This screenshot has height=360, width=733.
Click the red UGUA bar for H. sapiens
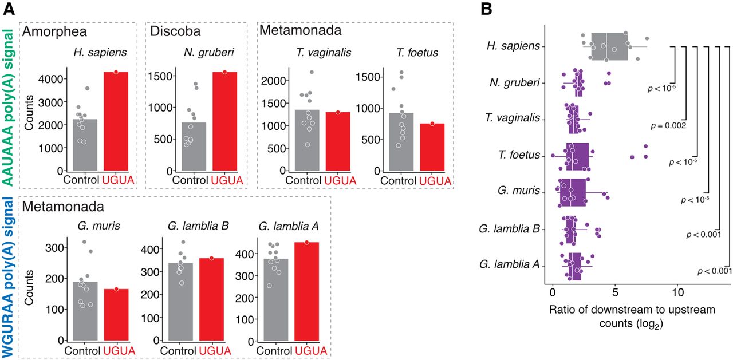tap(116, 121)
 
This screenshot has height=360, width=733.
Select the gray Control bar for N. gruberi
tap(194, 147)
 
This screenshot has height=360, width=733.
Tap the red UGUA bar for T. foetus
tap(432, 147)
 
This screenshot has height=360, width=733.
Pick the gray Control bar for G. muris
tap(85, 311)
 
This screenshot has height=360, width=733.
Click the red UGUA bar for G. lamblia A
tap(306, 292)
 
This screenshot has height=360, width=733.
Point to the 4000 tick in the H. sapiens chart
tap(51, 79)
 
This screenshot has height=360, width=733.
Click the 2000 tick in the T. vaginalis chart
tap(274, 81)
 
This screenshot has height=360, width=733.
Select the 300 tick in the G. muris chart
tap(54, 247)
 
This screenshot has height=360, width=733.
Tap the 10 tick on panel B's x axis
tap(678, 292)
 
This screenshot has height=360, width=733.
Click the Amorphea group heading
tap(54, 31)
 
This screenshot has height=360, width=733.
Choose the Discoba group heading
tap(175, 31)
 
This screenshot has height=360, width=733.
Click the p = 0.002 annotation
tap(668, 125)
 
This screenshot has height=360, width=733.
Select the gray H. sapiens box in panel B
tap(609, 46)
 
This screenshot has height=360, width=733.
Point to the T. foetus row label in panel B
tap(519, 155)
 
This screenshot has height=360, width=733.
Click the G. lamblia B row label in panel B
tap(509, 228)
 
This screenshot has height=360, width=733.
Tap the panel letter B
tap(486, 9)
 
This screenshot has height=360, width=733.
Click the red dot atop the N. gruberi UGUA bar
tap(225, 72)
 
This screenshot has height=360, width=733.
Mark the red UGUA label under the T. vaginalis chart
tap(340, 180)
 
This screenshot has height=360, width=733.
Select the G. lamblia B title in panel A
tap(198, 226)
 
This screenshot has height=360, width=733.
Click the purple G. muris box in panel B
tap(572, 192)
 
